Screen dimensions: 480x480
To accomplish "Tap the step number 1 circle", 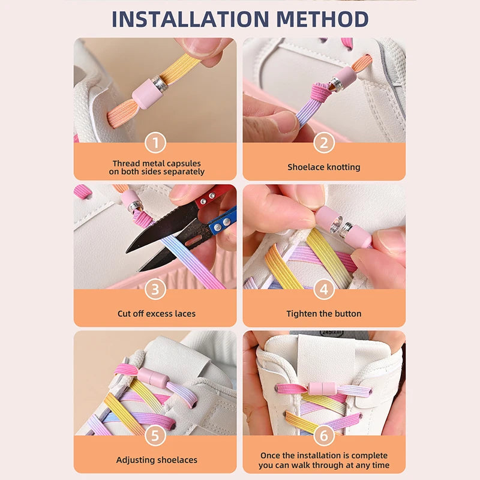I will point(155,143).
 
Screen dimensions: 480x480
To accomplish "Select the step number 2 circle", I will point(324,143).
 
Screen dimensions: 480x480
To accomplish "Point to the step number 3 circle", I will point(155,290).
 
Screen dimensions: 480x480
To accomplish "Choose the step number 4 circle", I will point(324,290).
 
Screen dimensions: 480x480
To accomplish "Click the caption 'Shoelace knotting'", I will point(324,167).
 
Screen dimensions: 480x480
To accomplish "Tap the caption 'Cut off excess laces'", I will point(156,314).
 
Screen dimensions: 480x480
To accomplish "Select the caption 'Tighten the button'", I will point(324,314).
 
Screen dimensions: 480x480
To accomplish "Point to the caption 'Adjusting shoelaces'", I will point(156,460).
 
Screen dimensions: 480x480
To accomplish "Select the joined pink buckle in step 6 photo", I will point(324,391).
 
